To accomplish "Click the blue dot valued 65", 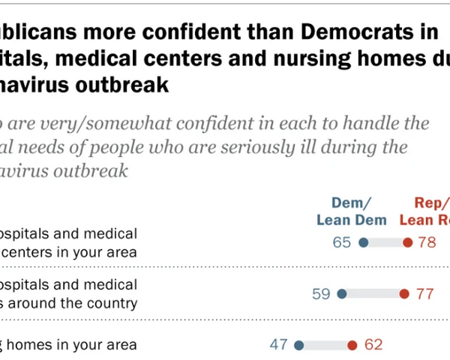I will pyautogui.click(x=364, y=243).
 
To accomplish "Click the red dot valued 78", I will pyautogui.click(x=407, y=243).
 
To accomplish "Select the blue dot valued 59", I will pyautogui.click(x=342, y=294).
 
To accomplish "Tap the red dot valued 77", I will pyautogui.click(x=404, y=294).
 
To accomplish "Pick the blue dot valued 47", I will pyautogui.click(x=299, y=345).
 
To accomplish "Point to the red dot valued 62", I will pyautogui.click(x=352, y=345).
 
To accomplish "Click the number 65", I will pyautogui.click(x=345, y=243).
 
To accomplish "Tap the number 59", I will pyautogui.click(x=322, y=294).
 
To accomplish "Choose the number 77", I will pyautogui.click(x=424, y=294).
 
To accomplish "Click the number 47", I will pyautogui.click(x=280, y=345).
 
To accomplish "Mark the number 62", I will pyautogui.click(x=373, y=345).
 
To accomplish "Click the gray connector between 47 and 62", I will pyautogui.click(x=325, y=345).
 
